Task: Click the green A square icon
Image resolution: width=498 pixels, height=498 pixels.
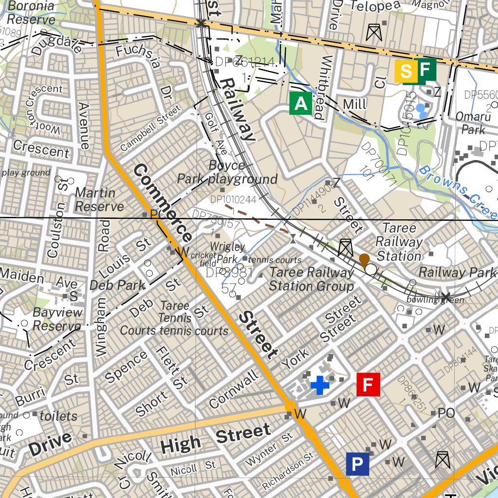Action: point(301,104)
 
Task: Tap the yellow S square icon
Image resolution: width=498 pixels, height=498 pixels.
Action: point(406,72)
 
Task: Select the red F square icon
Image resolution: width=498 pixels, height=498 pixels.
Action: point(368,385)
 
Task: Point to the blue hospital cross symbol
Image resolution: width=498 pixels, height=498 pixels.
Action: point(320,385)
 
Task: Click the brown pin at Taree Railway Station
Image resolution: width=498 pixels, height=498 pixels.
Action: point(364,260)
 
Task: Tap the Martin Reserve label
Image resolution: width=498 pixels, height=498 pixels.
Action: point(99,199)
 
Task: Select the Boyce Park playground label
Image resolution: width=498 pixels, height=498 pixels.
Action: point(227,172)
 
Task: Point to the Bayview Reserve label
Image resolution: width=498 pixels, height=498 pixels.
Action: point(57,319)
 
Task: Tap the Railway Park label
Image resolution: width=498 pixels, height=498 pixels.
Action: point(457,272)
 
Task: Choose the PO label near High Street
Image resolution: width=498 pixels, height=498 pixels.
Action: point(446,413)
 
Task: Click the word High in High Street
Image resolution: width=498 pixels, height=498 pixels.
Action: point(180,443)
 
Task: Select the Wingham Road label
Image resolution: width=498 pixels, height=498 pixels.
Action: point(103,306)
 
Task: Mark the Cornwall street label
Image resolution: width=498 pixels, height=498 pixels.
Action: point(234,389)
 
